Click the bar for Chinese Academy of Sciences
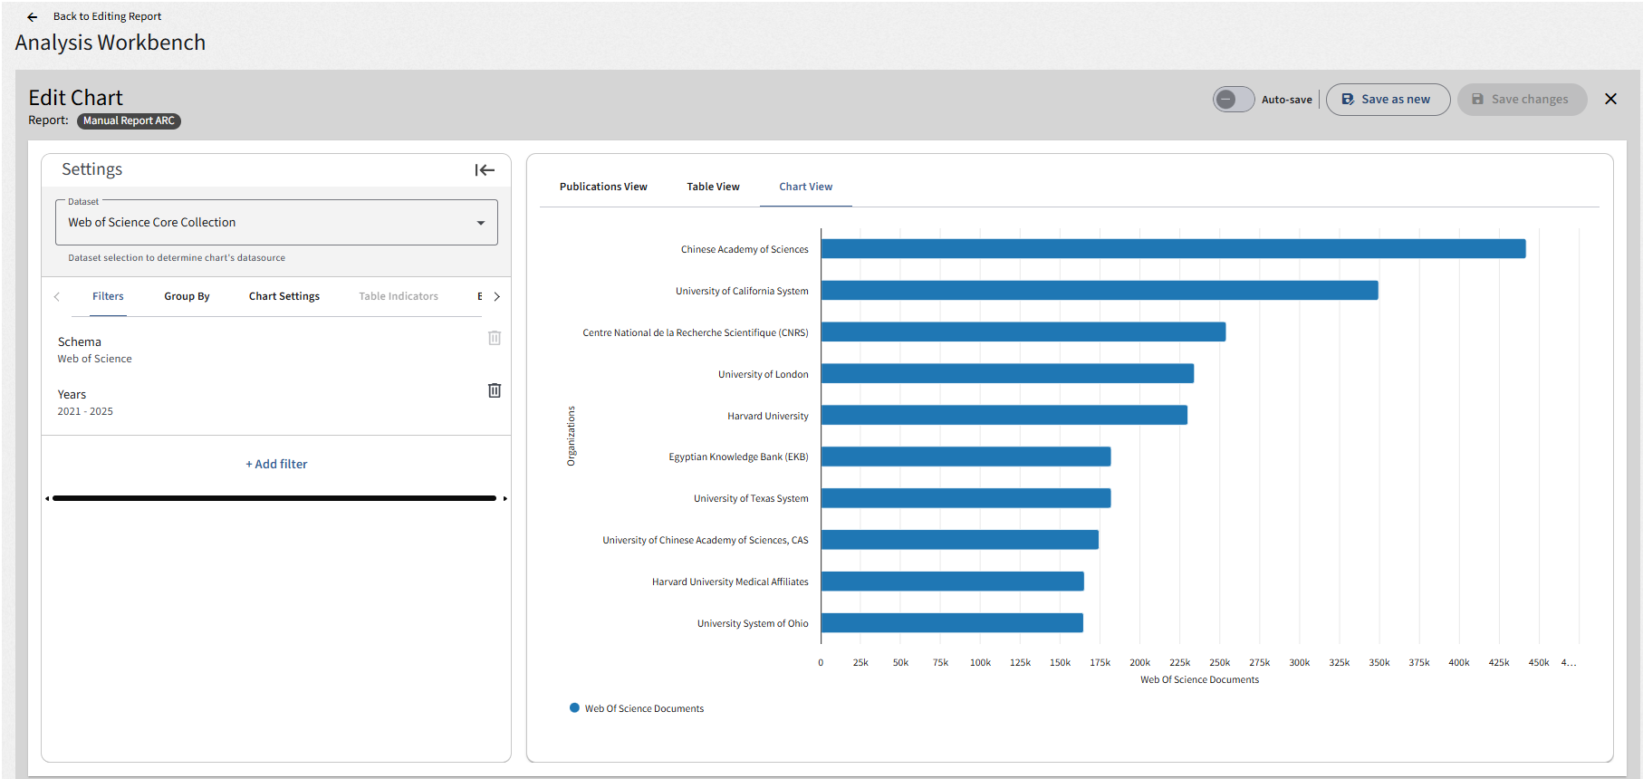click(x=1173, y=248)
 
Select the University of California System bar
click(x=1100, y=290)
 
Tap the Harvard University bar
click(x=1004, y=415)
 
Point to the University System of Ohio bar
click(x=952, y=623)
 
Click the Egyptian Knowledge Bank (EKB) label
click(x=738, y=457)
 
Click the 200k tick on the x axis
click(x=1139, y=663)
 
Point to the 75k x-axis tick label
click(x=940, y=663)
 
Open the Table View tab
click(x=713, y=187)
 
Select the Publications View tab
click(x=603, y=187)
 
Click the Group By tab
click(x=187, y=296)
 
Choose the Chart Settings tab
click(x=284, y=296)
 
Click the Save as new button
click(x=1388, y=100)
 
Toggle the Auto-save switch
click(x=1234, y=100)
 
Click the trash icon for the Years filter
click(x=495, y=390)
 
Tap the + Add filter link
click(x=276, y=464)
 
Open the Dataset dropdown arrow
click(x=481, y=223)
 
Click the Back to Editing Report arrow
click(x=33, y=17)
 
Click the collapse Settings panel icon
click(x=485, y=170)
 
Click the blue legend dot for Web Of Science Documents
click(x=574, y=707)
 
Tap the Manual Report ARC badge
click(x=129, y=120)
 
